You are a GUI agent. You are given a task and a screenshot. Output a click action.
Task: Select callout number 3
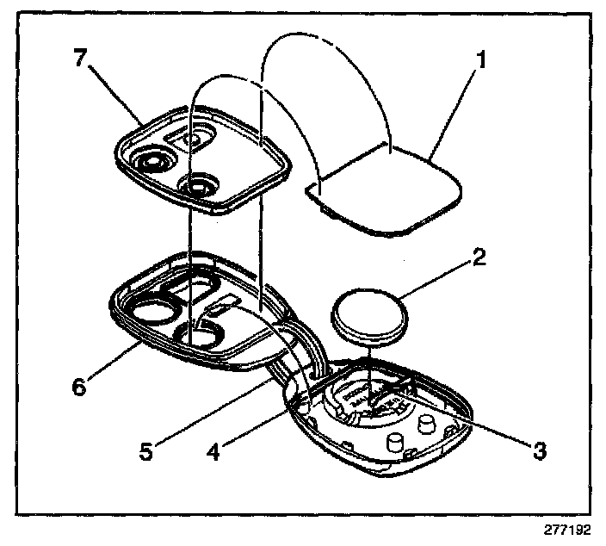coord(539,449)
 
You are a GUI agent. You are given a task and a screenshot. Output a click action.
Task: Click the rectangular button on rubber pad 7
coord(193,136)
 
